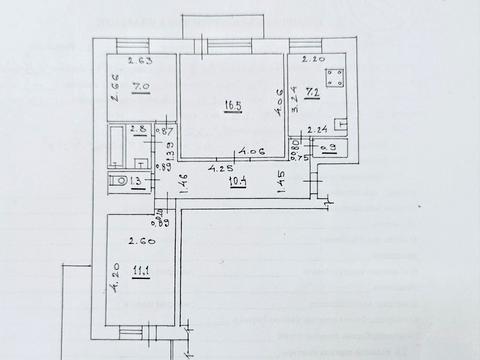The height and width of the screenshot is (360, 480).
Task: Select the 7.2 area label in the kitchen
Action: tap(311, 92)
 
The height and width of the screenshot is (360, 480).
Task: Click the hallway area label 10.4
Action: tap(238, 182)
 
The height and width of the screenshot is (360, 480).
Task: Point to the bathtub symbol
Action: tap(115, 144)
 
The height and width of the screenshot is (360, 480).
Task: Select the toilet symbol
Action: tap(115, 180)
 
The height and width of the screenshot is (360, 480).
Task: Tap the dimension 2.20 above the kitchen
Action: tap(311, 59)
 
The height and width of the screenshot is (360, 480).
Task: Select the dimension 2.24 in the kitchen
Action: tap(319, 130)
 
